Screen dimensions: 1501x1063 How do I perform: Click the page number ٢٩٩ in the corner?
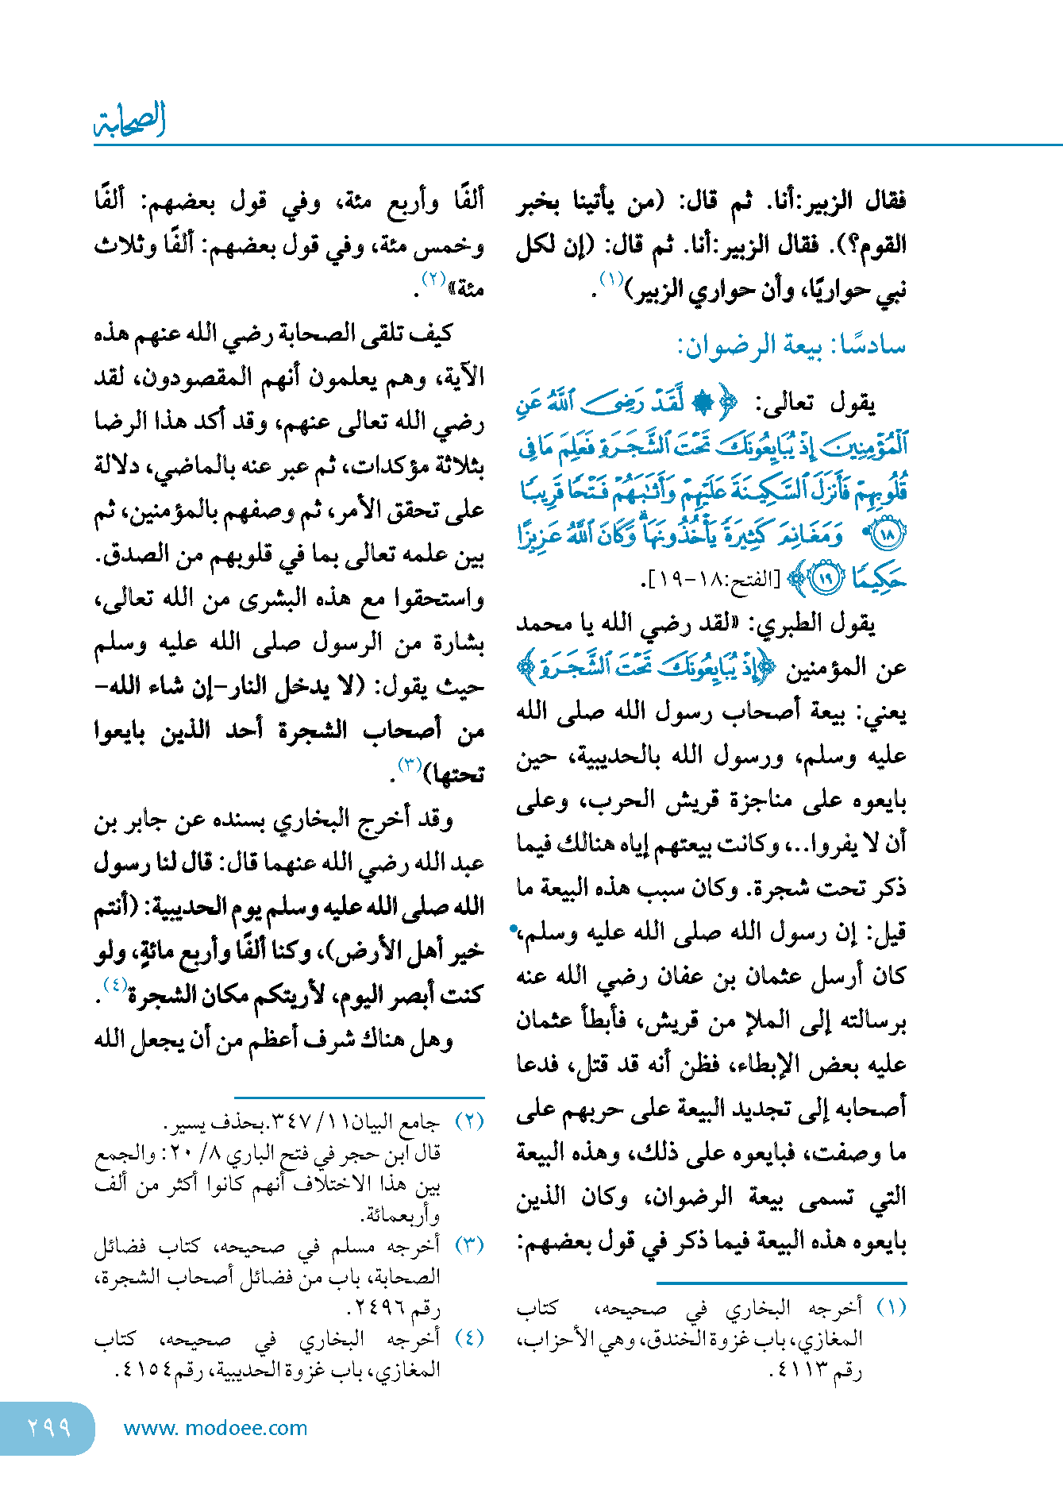pyautogui.click(x=48, y=1428)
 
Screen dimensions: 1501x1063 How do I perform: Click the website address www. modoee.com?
pyautogui.click(x=215, y=1428)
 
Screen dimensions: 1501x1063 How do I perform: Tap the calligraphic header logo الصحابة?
pyautogui.click(x=129, y=120)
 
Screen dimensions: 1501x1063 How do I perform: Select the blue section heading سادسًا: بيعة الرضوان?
pyautogui.click(x=791, y=345)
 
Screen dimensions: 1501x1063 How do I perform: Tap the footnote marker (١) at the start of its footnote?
pyautogui.click(x=891, y=1308)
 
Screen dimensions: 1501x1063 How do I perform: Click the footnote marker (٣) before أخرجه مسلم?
pyautogui.click(x=469, y=1244)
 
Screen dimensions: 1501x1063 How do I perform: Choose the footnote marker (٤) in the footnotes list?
pyautogui.click(x=469, y=1338)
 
